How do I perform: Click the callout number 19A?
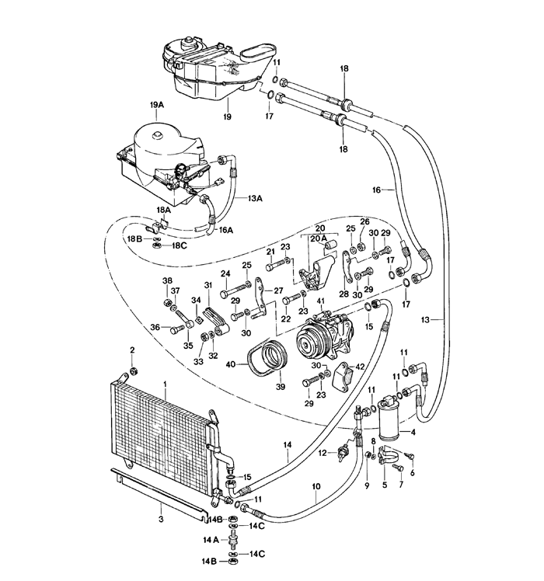156,105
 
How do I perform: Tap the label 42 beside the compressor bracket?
360,367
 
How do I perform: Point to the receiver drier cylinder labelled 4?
389,418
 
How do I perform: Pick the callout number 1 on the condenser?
165,385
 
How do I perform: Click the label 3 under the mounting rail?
161,520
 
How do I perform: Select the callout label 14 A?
211,541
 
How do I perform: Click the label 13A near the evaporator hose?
255,198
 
